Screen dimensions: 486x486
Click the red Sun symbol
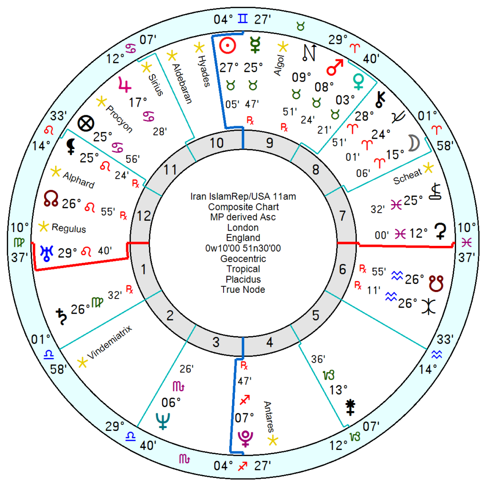228,46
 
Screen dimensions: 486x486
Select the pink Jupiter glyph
125,84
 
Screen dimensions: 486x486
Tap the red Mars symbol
335,67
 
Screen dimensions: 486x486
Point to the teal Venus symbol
359,82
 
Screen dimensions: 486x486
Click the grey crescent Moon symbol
414,143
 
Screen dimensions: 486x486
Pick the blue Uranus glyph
47,253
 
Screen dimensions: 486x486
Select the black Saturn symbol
61,317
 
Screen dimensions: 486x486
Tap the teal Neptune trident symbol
163,421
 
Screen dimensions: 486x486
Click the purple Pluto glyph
245,438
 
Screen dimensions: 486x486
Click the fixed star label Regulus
69,228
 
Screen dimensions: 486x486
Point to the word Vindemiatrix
110,342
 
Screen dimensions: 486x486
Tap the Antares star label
269,417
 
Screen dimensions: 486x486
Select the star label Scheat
407,177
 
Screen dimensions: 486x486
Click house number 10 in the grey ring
216,143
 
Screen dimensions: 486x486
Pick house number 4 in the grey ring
270,342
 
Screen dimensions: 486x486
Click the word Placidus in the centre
243,279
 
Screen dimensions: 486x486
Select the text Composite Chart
243,207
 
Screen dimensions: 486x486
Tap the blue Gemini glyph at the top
243,19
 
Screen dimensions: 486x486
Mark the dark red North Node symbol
51,198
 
